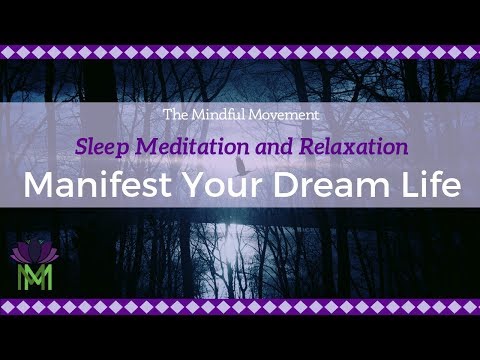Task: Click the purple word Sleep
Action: tap(101, 147)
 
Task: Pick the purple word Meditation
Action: tap(187, 146)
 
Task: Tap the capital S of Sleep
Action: tap(81, 146)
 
